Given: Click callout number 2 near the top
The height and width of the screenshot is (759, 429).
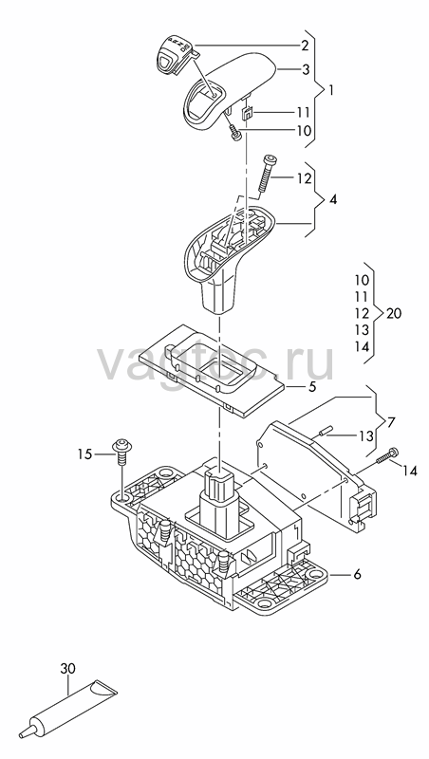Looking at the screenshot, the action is (305, 46).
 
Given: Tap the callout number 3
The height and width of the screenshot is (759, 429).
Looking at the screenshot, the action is (306, 70).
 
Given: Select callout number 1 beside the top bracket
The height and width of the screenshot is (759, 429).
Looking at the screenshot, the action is (330, 90).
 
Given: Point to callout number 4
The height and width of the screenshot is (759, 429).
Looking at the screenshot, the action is (333, 199).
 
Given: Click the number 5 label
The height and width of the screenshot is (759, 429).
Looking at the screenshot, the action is (312, 387).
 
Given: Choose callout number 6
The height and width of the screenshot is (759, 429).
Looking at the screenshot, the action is (357, 575).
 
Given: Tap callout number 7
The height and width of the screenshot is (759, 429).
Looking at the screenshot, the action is (391, 422).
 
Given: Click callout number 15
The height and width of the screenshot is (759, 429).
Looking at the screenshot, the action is (85, 454).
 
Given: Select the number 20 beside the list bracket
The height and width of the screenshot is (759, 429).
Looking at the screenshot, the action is (394, 314).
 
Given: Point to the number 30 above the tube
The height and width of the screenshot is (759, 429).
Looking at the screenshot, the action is (67, 669).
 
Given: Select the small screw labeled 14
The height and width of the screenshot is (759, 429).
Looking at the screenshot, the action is (388, 455).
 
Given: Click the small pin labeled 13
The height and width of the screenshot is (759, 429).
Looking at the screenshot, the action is (324, 431).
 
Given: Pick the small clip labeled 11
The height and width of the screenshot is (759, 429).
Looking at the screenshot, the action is (247, 113).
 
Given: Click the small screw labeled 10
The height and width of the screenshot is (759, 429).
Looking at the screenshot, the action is (235, 133).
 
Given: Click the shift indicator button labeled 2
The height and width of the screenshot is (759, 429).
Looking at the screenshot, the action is (173, 54).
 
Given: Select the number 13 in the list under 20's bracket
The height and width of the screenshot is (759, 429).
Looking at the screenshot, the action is (362, 330).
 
